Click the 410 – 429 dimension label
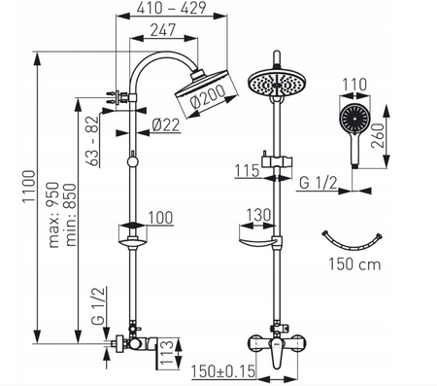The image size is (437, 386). [171, 8]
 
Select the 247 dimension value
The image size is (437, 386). [163, 30]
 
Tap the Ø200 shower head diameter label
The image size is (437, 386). [208, 96]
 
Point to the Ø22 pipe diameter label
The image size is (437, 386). [166, 125]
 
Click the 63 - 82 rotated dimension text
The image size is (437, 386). [93, 141]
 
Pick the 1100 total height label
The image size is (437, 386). [28, 187]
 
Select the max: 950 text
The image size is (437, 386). [53, 215]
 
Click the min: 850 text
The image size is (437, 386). [71, 215]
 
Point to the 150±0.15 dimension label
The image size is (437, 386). [223, 371]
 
